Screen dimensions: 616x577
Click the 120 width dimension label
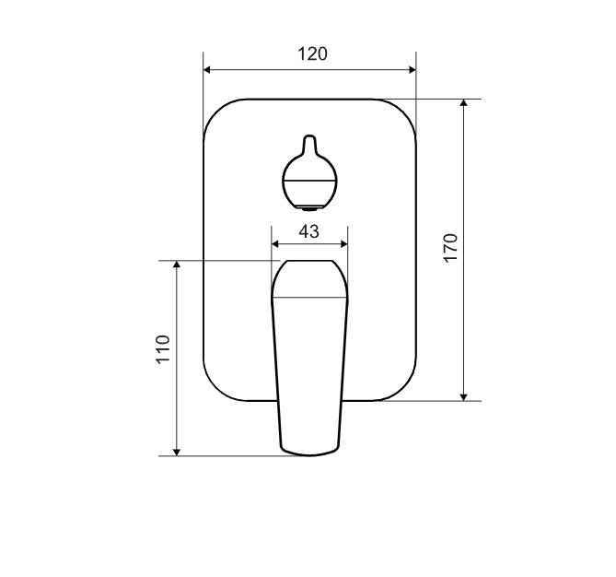[x=312, y=53]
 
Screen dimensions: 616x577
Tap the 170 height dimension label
[x=450, y=248]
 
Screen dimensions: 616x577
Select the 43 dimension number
[x=308, y=231]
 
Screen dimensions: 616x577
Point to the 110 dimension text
[x=163, y=349]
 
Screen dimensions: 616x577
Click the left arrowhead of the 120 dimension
[x=207, y=70]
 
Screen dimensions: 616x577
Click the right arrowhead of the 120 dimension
[x=413, y=70]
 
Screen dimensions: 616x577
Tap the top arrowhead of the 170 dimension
[x=464, y=102]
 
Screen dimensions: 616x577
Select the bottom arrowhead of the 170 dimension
[x=464, y=397]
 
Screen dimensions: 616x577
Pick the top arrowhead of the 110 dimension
[x=177, y=265]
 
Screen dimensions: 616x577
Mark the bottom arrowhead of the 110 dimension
[x=177, y=452]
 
